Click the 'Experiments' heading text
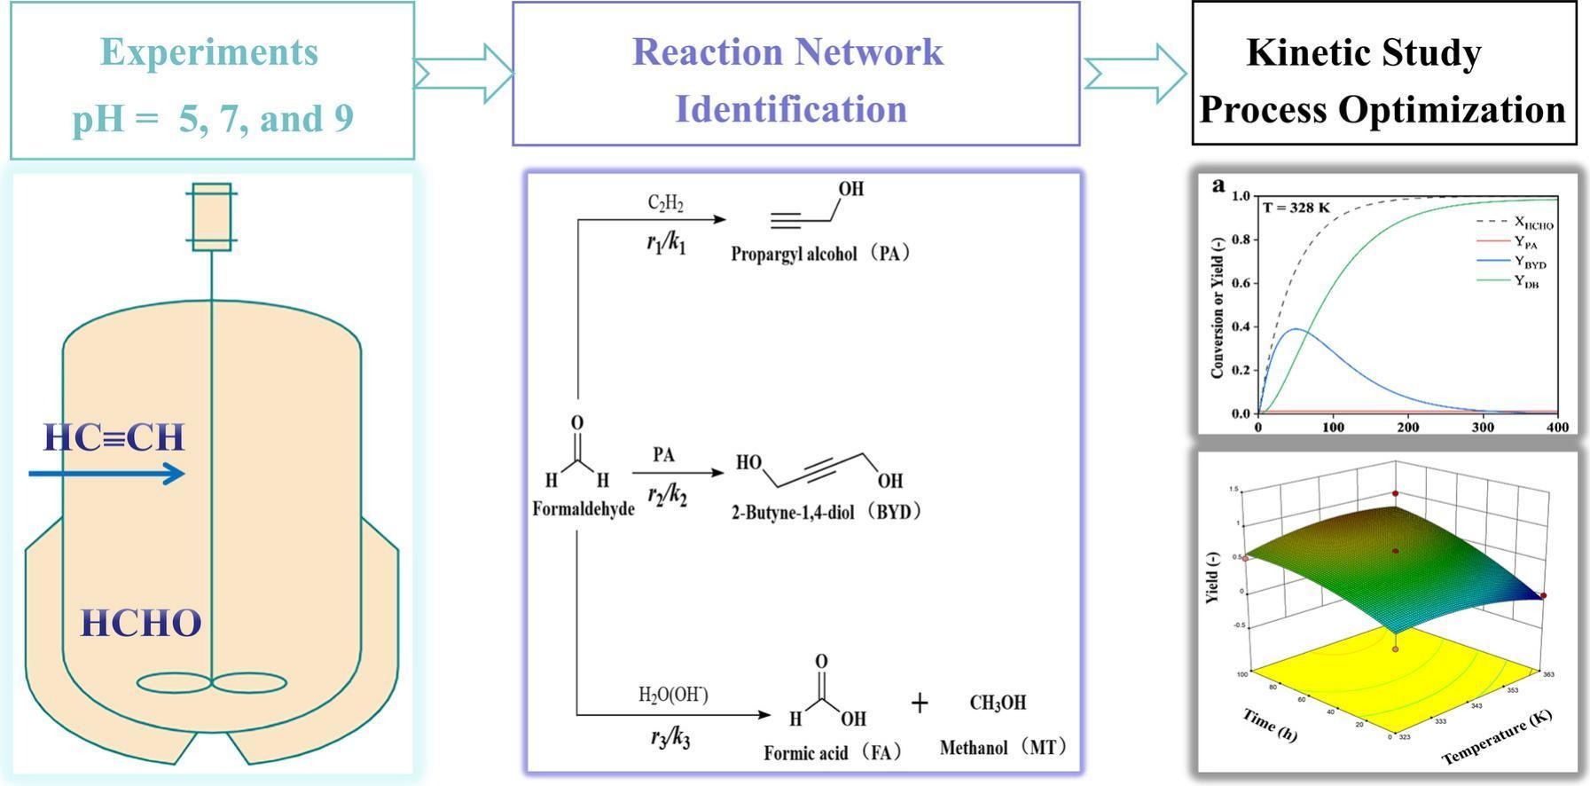(209, 51)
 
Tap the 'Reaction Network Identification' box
(795, 75)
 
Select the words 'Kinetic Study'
(1363, 52)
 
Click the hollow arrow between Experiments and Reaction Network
(463, 73)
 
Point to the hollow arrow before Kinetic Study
(1134, 73)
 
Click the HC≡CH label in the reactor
(114, 437)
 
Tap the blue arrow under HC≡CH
(106, 474)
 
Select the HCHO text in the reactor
(141, 624)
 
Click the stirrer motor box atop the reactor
(211, 217)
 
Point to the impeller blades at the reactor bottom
(211, 682)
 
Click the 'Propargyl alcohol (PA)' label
(820, 254)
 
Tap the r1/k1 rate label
(666, 243)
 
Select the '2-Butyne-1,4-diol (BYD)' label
(826, 512)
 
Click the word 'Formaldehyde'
(584, 509)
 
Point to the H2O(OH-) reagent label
(673, 695)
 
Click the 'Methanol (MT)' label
(1002, 748)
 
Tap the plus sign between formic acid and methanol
(920, 703)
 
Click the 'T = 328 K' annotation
(1296, 208)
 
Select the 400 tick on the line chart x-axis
(1557, 427)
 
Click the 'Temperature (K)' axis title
(1496, 738)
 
